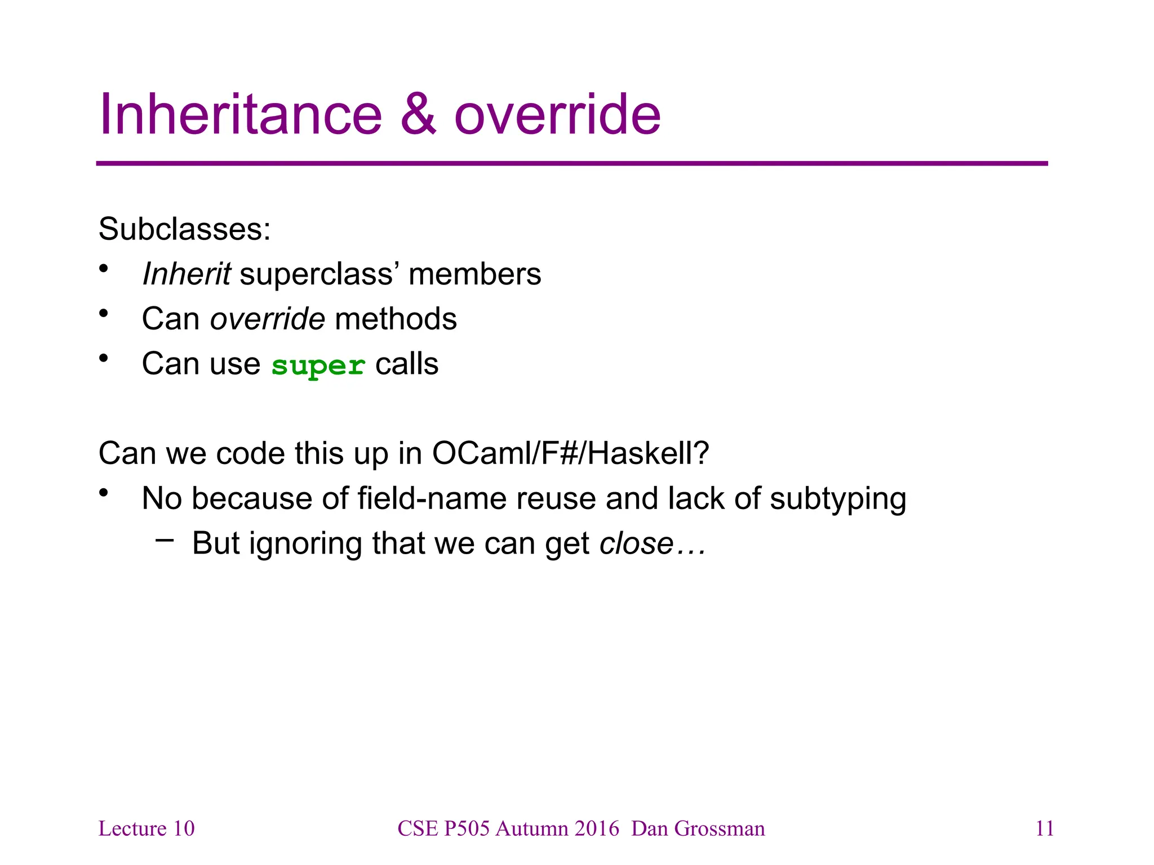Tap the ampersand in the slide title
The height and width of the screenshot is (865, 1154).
point(418,115)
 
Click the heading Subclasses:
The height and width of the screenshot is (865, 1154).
point(184,229)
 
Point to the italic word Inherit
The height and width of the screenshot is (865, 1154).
point(186,274)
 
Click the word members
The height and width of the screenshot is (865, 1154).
point(474,274)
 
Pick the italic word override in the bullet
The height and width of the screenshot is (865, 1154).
point(267,319)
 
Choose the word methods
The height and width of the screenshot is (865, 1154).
point(396,319)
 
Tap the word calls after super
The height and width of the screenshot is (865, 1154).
point(407,364)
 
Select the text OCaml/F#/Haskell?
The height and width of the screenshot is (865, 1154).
point(570,453)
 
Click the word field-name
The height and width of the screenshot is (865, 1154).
point(432,498)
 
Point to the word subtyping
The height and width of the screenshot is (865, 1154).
point(838,500)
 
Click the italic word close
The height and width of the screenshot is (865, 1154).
point(636,543)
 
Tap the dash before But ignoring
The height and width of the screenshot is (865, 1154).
point(165,541)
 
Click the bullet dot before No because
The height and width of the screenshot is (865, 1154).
point(103,493)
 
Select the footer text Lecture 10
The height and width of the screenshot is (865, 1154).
point(147,828)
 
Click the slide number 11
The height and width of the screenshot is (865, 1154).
point(1045,828)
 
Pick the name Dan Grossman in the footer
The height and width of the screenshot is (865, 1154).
point(698,828)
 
